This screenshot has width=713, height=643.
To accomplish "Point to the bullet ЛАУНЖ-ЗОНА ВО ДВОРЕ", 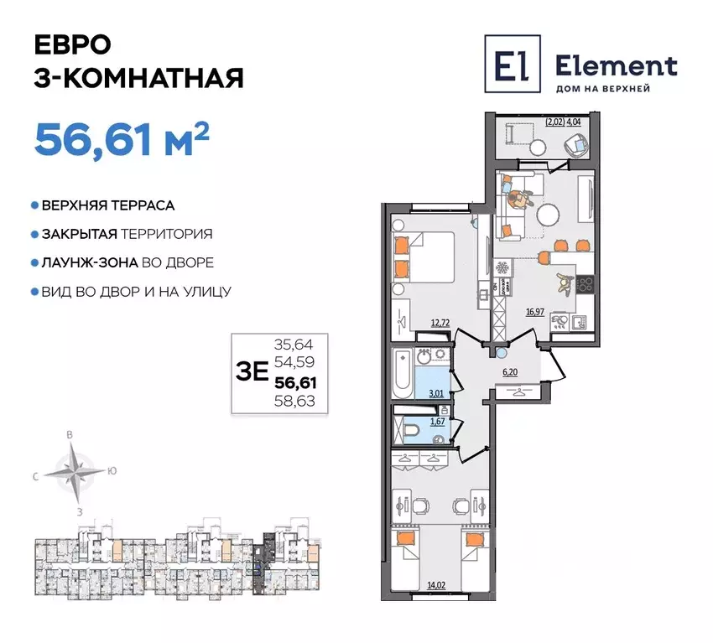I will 122,262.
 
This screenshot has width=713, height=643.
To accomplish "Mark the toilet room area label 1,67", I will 437,422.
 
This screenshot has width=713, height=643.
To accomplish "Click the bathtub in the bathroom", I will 401,375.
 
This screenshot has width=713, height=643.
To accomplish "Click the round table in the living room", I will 551,215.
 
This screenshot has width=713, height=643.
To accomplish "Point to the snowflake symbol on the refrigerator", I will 503,269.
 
